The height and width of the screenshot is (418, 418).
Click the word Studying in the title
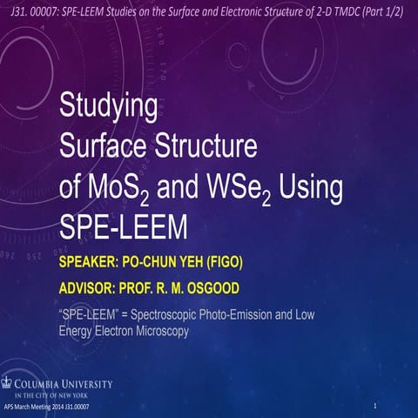pyautogui.click(x=108, y=109)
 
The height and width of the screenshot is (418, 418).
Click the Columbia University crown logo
pyautogui.click(x=9, y=381)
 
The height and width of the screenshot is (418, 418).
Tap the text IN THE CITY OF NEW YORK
pyautogui.click(x=60, y=394)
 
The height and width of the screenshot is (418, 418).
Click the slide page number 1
pyautogui.click(x=374, y=407)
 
